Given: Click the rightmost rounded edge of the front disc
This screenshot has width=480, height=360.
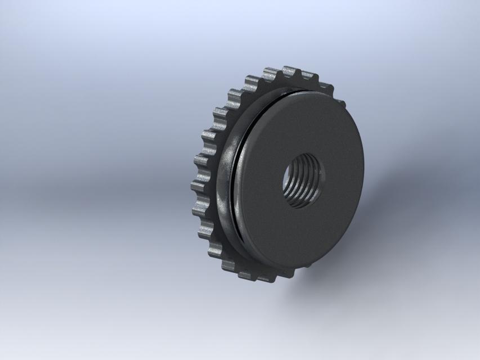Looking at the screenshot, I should pos(362,169).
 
